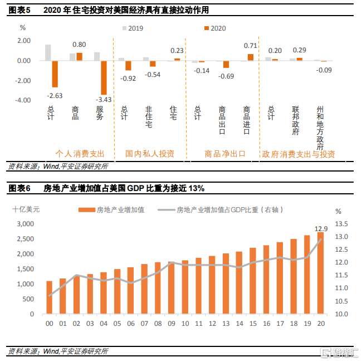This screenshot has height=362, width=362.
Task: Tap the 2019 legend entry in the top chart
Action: (x=136, y=28)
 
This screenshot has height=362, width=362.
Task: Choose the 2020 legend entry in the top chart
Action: (x=214, y=28)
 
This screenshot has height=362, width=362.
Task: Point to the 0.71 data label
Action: (x=251, y=46)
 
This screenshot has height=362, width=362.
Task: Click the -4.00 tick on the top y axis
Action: (x=23, y=101)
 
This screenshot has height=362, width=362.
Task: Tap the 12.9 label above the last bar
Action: (x=321, y=228)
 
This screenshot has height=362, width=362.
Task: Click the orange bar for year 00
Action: (x=50, y=297)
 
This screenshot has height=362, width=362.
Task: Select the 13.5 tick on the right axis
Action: (x=341, y=224)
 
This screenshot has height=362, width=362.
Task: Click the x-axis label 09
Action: (x=170, y=323)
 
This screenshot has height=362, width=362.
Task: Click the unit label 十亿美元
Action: (x=26, y=210)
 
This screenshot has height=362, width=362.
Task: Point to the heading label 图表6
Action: (x=19, y=188)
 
